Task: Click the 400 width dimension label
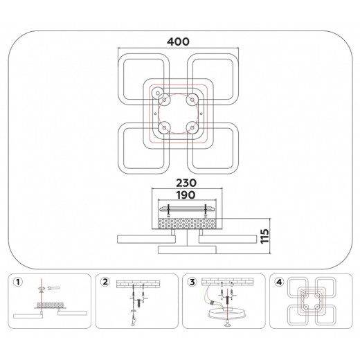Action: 178,42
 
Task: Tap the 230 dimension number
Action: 186,183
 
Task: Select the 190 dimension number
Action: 186,195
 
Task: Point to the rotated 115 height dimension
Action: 264,236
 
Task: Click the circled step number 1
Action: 18,282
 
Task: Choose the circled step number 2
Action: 105,282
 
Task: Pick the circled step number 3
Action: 192,282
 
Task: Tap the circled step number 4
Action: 279,282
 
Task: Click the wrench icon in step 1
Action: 53,288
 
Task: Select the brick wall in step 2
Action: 138,284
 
